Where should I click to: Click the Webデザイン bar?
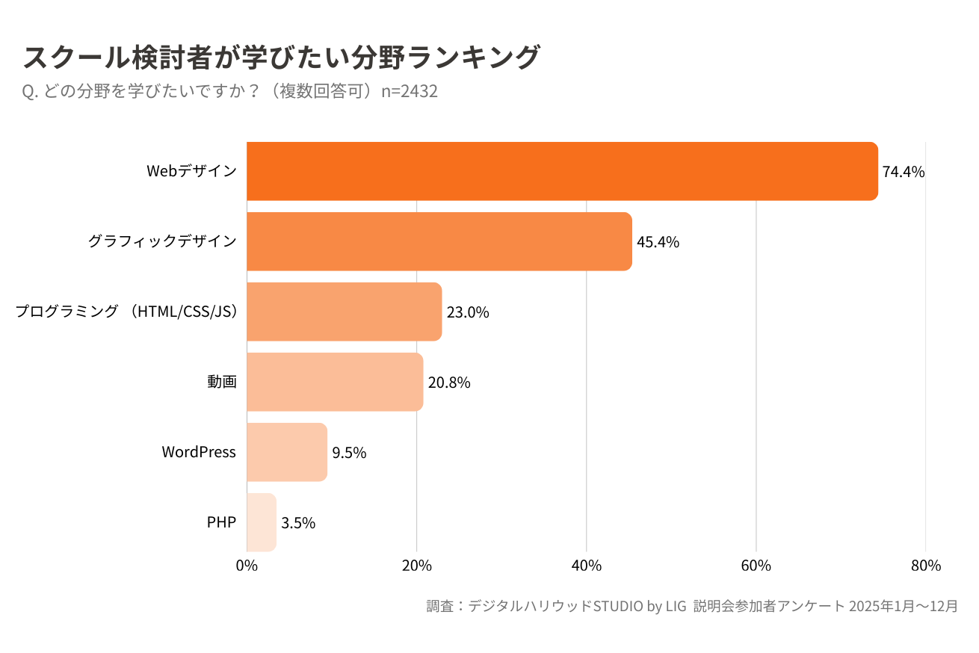click(x=562, y=171)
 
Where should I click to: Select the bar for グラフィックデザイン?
click(x=439, y=241)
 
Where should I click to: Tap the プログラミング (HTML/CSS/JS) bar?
click(x=344, y=312)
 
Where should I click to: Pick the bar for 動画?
click(x=335, y=382)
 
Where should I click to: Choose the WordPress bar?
click(x=287, y=452)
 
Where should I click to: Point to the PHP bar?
click(x=262, y=522)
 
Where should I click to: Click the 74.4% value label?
click(x=904, y=172)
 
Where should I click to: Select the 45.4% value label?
click(x=658, y=242)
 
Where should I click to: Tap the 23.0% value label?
click(x=468, y=312)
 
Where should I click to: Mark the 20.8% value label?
click(x=449, y=383)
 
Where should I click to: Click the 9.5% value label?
click(x=349, y=453)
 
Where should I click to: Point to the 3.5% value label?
click(x=298, y=523)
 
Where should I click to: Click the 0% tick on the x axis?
click(x=247, y=566)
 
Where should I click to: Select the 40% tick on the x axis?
click(x=586, y=566)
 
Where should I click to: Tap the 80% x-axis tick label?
click(x=925, y=566)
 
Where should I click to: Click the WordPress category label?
click(x=199, y=452)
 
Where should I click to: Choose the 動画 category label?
click(x=222, y=382)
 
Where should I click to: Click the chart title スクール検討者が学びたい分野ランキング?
click(x=281, y=58)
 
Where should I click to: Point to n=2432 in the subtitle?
click(x=409, y=91)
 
